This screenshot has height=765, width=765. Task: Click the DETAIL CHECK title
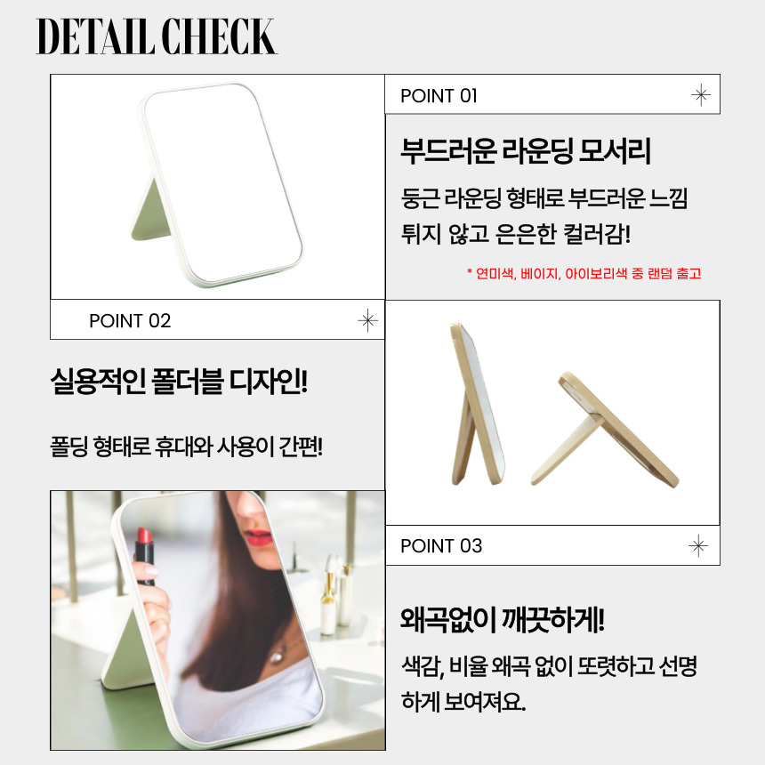[x=157, y=36]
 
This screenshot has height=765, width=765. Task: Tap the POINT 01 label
[x=439, y=96]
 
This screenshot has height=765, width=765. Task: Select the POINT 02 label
[x=130, y=320]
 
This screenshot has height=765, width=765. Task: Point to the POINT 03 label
[x=441, y=545]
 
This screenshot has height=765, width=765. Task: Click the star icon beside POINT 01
[x=701, y=94]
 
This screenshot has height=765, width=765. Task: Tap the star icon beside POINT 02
[x=367, y=320]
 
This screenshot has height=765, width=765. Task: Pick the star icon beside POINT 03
[x=698, y=545]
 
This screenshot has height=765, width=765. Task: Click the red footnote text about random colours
[x=584, y=273]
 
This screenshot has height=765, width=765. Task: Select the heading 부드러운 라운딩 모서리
[x=526, y=150]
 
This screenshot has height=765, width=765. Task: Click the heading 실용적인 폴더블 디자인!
[x=179, y=381]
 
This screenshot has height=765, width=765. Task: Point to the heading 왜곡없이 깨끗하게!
[x=503, y=620]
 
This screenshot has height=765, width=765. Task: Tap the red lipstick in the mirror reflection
[x=144, y=556]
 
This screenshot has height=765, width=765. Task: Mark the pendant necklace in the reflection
[x=278, y=657]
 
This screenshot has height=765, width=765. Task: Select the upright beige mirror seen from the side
[x=476, y=404]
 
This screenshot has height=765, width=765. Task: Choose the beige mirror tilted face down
[x=605, y=430]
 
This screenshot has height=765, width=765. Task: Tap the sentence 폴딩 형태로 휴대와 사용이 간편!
[x=187, y=446]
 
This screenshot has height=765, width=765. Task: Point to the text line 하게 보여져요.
[x=463, y=701]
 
